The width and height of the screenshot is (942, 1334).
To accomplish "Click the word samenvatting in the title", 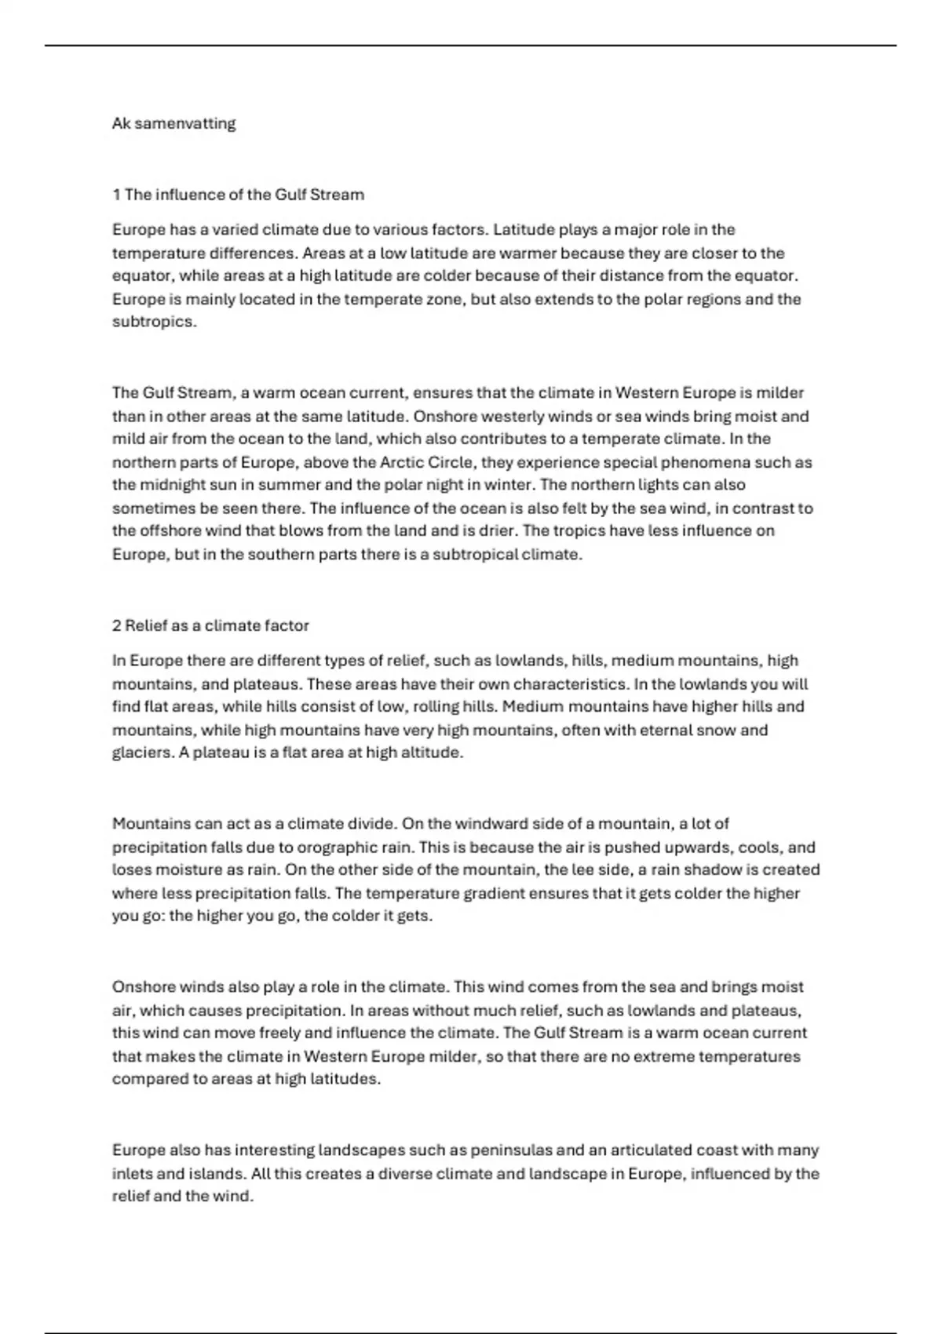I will [x=185, y=123].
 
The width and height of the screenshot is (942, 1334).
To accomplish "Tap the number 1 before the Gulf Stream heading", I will [x=116, y=195].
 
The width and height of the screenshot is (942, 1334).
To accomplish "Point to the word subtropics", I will [x=153, y=323].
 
